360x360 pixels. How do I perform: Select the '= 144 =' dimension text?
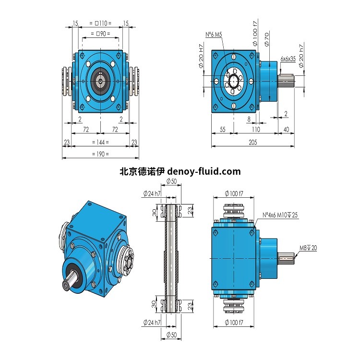100,143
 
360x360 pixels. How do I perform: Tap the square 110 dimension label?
100,23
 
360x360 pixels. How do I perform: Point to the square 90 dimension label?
100,34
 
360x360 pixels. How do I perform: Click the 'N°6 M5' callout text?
214,35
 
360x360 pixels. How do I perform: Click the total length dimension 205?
252,143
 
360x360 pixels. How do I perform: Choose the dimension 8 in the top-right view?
249,119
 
